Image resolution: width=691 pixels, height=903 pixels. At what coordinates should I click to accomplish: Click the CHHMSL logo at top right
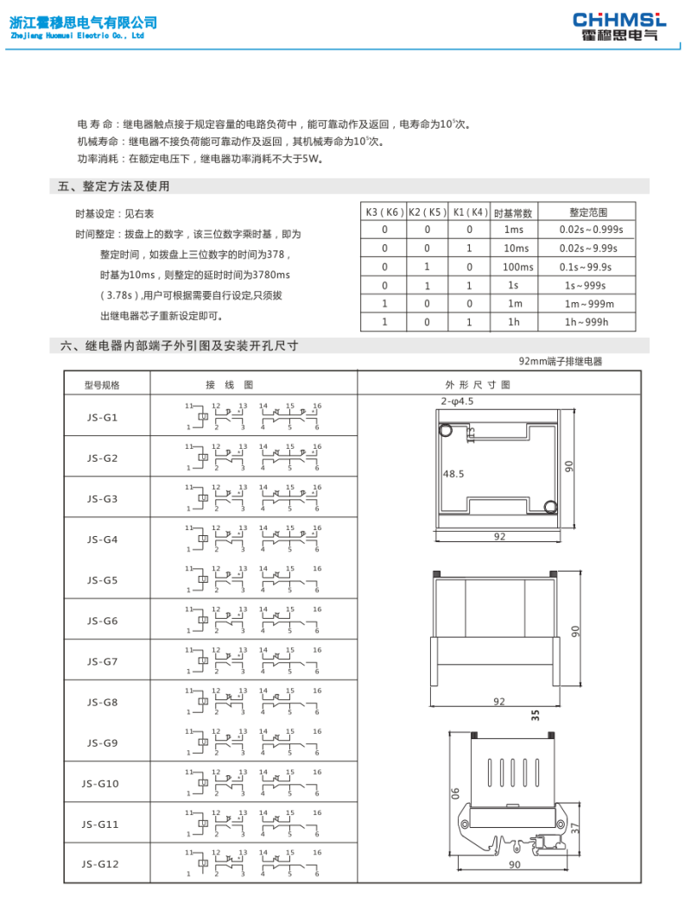619,25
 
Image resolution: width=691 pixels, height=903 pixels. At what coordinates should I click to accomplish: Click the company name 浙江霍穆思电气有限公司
83,22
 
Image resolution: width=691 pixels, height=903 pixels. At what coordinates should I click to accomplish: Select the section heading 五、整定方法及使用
113,186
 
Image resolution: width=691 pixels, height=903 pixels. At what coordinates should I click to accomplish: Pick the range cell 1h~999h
586,322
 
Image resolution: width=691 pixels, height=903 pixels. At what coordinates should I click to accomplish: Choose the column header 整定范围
586,212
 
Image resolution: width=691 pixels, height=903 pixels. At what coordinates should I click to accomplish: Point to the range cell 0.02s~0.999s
586,230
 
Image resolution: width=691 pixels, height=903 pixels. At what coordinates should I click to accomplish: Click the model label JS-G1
102,418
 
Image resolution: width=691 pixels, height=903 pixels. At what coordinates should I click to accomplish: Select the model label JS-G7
102,661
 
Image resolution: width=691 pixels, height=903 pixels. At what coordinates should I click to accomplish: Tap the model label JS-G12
100,863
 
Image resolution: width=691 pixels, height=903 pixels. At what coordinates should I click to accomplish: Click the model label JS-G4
102,540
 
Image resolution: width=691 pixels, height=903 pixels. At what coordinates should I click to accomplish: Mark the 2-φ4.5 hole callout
457,401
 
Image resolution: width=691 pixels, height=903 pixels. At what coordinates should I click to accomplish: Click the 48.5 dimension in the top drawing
453,474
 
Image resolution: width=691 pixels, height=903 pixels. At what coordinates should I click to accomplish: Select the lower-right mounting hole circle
550,507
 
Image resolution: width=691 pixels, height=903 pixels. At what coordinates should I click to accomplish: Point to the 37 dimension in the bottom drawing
575,826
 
